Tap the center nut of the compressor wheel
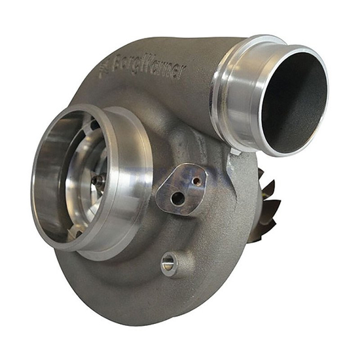pyautogui.click(x=98, y=181)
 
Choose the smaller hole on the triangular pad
pyautogui.click(x=195, y=181)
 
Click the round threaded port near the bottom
pyautogui.click(x=168, y=264)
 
